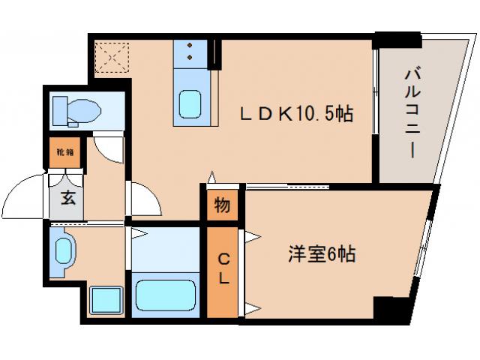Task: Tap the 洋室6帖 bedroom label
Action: coord(320,254)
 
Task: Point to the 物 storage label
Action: coord(223,204)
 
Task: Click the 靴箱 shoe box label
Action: coord(64,152)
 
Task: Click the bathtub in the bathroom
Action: coord(164,295)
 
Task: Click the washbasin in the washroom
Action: coord(64,249)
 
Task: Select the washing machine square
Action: coord(104,300)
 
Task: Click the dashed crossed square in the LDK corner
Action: coord(112,55)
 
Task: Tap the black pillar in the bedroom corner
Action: coord(389,307)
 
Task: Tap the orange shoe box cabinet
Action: coord(64,152)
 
